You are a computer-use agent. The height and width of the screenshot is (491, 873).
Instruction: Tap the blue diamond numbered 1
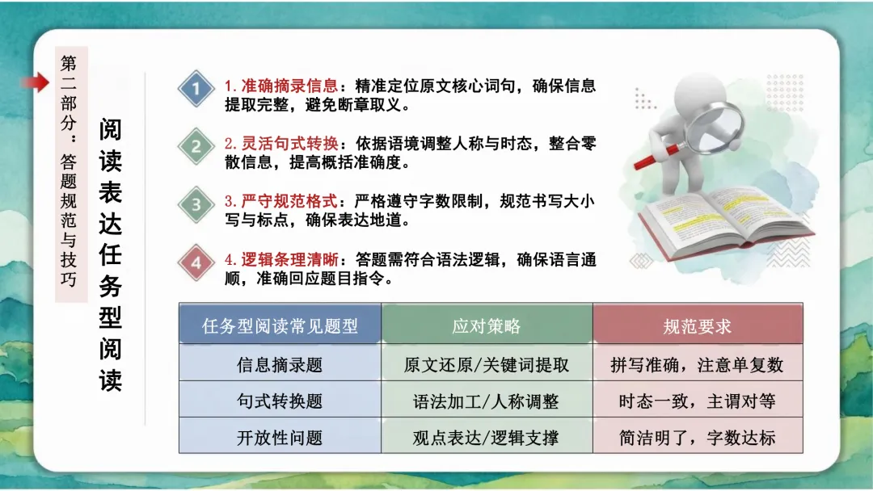tap(196, 88)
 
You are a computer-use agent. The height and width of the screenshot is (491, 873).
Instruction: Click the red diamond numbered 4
tap(196, 262)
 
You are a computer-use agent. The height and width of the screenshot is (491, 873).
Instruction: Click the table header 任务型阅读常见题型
tap(280, 326)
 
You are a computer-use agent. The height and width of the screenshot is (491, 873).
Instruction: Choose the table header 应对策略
tap(487, 326)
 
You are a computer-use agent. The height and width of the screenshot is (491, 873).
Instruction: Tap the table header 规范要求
tap(697, 326)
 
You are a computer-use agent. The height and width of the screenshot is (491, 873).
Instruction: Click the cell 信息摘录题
tap(280, 365)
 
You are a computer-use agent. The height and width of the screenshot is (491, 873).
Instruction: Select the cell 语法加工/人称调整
tap(487, 401)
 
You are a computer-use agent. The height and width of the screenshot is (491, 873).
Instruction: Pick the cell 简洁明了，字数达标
tap(697, 438)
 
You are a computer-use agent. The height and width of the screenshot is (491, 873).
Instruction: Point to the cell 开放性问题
tap(280, 438)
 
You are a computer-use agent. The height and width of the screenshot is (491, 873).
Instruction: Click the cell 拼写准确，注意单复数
tap(697, 365)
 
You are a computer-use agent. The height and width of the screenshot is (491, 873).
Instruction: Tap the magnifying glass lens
tap(718, 119)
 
